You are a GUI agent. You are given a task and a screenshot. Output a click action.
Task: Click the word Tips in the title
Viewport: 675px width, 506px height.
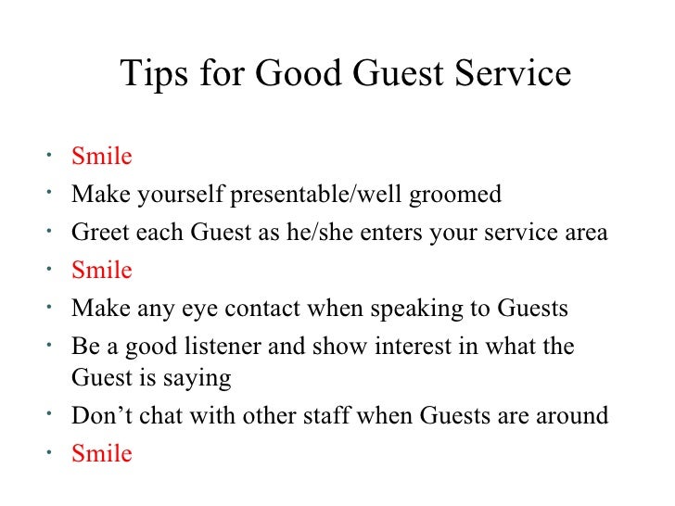(153, 74)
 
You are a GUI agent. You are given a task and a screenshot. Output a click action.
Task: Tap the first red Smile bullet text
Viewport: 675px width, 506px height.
(102, 157)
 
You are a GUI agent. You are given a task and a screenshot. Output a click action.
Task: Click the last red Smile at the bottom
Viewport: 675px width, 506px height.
(102, 454)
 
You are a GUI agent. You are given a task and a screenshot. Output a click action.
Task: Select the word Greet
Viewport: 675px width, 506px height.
(97, 233)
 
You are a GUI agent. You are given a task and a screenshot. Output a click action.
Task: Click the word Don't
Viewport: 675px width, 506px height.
(99, 416)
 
